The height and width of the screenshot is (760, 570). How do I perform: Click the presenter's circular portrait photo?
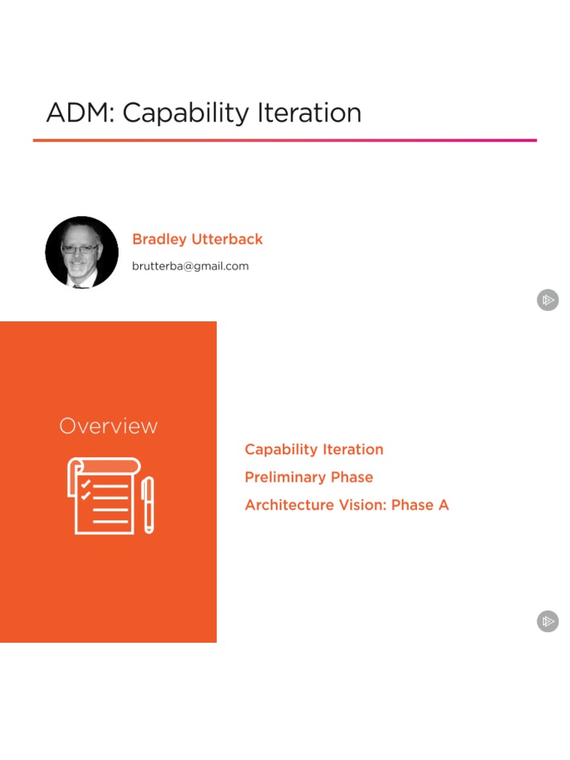point(82,252)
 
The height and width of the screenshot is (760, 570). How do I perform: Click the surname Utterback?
point(227,240)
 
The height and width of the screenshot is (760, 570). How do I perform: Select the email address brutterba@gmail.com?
point(190,266)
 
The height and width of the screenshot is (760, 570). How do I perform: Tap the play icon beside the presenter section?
point(548,301)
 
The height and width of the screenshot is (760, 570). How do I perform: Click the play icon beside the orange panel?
point(548,621)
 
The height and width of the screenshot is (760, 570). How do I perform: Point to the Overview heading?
point(108,426)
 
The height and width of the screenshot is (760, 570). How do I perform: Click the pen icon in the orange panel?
point(148,505)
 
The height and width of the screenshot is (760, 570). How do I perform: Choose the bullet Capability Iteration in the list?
point(314,449)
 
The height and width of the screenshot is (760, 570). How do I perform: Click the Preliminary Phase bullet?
point(309,477)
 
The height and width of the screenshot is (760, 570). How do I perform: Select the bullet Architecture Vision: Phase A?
point(347,505)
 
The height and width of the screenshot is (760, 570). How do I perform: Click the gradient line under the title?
point(285,140)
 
